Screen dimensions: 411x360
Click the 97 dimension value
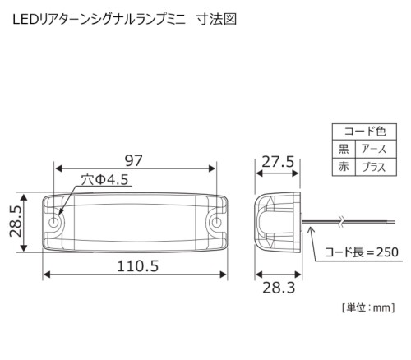(134, 161)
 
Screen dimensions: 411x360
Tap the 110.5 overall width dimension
(138, 266)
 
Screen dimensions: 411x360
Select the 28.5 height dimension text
(16, 222)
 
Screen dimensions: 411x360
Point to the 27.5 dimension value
(278, 162)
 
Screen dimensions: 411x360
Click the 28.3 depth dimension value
(279, 288)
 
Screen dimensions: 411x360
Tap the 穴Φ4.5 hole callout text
(105, 180)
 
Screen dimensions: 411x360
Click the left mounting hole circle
(54, 223)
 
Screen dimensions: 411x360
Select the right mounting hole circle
(216, 223)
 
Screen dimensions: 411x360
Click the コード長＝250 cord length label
(362, 252)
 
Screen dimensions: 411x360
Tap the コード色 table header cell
(364, 132)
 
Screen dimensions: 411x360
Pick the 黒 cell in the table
(344, 149)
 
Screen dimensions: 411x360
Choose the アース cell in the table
(376, 149)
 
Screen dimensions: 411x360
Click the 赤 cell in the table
(344, 167)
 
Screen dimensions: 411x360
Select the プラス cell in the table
(376, 167)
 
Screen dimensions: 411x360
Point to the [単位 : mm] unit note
(368, 307)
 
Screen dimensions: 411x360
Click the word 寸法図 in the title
(216, 20)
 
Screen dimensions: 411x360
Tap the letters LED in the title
(25, 20)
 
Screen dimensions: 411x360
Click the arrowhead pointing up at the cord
(310, 229)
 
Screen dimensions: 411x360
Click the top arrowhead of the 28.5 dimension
(25, 197)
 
